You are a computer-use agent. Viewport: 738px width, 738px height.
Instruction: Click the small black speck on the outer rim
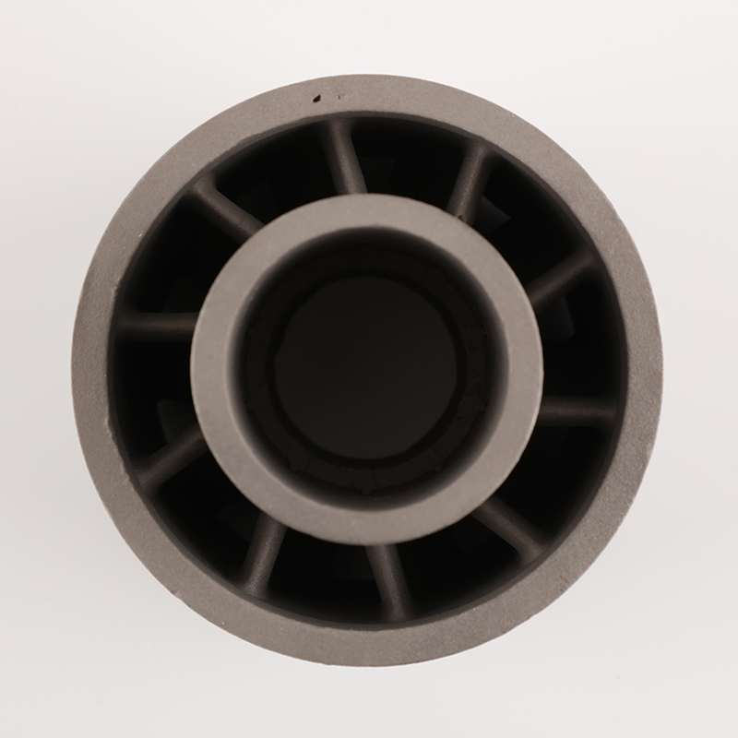click(x=317, y=96)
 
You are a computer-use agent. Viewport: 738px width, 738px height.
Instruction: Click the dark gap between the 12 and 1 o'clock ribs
click(x=406, y=152)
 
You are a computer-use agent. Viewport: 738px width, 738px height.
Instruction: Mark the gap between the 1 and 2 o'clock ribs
click(x=517, y=212)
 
